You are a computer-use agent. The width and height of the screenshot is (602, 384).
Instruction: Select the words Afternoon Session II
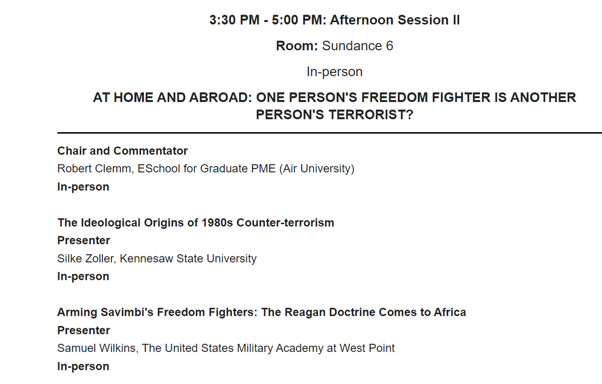[x=395, y=20]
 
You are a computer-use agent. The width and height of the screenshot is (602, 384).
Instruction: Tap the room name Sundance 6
[x=357, y=46]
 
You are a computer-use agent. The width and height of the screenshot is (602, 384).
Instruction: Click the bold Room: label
[x=297, y=46]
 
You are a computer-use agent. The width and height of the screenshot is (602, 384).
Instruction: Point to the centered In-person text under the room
[x=334, y=72]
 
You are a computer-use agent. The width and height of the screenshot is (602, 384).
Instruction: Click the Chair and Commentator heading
[x=122, y=151]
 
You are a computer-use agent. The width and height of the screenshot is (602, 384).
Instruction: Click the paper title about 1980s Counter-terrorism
[x=196, y=223]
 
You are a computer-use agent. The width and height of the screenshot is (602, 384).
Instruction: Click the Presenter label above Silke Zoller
[x=84, y=241]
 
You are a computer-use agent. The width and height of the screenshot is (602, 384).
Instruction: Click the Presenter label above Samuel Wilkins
[x=84, y=331]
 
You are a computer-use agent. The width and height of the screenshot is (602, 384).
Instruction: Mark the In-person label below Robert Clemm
[x=83, y=187]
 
